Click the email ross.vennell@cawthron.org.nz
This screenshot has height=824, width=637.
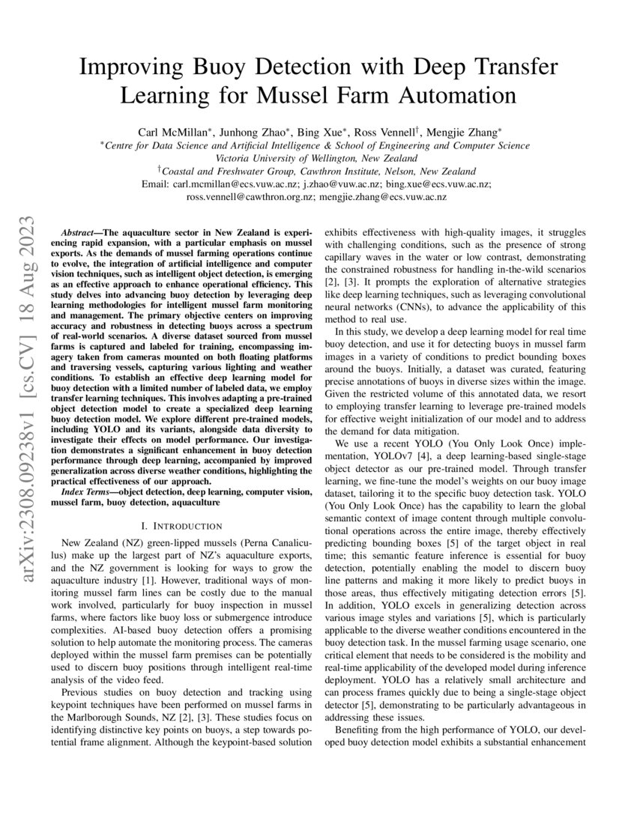251,197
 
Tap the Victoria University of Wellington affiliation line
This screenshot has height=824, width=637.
318,158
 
